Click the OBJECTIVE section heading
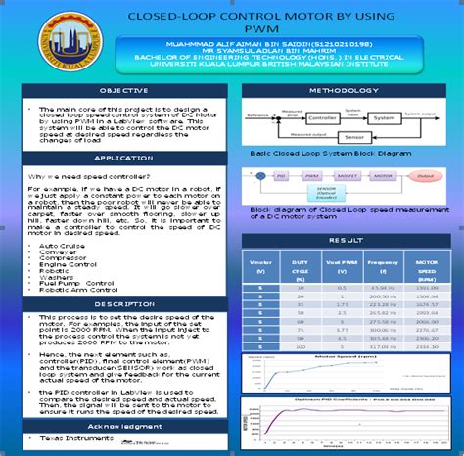pyautogui.click(x=123, y=90)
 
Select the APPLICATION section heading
pyautogui.click(x=123, y=157)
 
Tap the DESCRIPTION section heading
pyautogui.click(x=123, y=304)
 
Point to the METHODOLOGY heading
pyautogui.click(x=344, y=90)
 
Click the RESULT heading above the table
pyautogui.click(x=344, y=239)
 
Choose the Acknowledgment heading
pyautogui.click(x=123, y=427)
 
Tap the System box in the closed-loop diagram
pyautogui.click(x=384, y=117)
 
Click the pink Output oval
pyautogui.click(x=424, y=177)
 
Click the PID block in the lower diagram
pyautogui.click(x=281, y=177)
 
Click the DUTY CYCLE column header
pyautogui.click(x=301, y=268)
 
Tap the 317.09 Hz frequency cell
pyautogui.click(x=384, y=344)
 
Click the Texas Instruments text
pyautogui.click(x=73, y=442)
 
